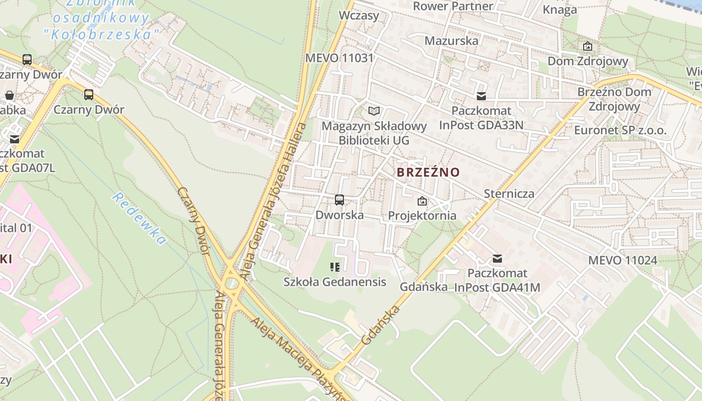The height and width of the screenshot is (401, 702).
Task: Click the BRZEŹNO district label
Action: (428, 172)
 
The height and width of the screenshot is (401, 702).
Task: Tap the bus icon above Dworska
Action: (339, 200)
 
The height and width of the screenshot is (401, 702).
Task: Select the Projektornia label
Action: (422, 216)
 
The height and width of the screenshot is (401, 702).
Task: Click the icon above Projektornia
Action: (422, 201)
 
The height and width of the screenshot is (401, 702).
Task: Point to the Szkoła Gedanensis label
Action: (335, 282)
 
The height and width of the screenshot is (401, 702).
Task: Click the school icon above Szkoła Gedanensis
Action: (335, 267)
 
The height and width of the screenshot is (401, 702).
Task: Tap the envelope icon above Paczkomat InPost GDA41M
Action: (497, 259)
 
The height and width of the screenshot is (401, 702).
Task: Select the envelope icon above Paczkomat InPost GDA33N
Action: (481, 96)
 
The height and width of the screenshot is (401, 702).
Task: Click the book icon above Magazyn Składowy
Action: (374, 111)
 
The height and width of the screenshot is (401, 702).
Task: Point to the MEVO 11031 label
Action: (339, 58)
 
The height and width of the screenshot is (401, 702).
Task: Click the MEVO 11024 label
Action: (622, 260)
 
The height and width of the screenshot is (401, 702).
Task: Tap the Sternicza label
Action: (509, 193)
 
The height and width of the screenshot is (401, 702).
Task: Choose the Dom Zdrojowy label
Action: (588, 61)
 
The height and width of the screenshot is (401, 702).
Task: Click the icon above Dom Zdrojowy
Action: (588, 47)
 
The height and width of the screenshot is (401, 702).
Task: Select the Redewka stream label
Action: (139, 219)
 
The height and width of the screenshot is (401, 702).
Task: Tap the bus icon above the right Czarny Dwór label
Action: (89, 94)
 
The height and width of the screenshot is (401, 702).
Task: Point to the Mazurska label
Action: (451, 41)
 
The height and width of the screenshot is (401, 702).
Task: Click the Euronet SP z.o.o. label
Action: (620, 131)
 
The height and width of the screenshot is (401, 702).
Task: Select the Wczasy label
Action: (359, 15)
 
